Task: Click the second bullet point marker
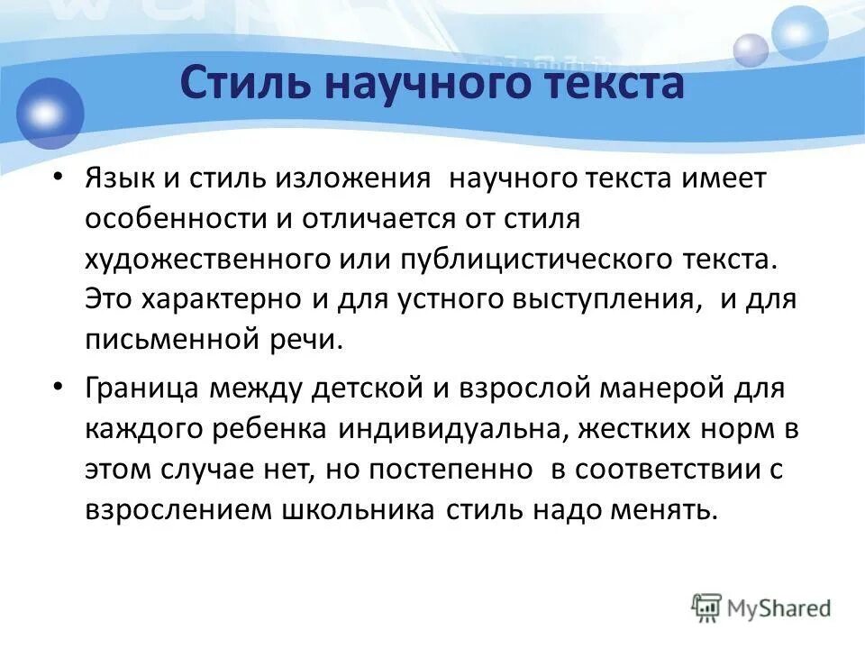59,387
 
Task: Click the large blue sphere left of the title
50,113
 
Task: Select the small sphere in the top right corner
750,50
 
